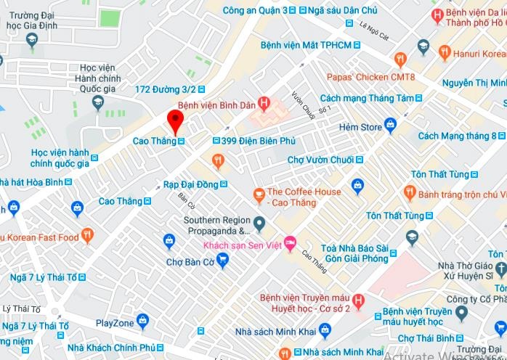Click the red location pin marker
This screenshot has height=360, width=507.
[x=174, y=120]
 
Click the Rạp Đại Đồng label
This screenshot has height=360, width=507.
[x=190, y=184]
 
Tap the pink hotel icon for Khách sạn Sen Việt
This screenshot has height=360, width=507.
[x=291, y=242]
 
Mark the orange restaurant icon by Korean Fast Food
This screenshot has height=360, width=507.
[x=87, y=235]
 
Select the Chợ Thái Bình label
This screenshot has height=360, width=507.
[x=426, y=338]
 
